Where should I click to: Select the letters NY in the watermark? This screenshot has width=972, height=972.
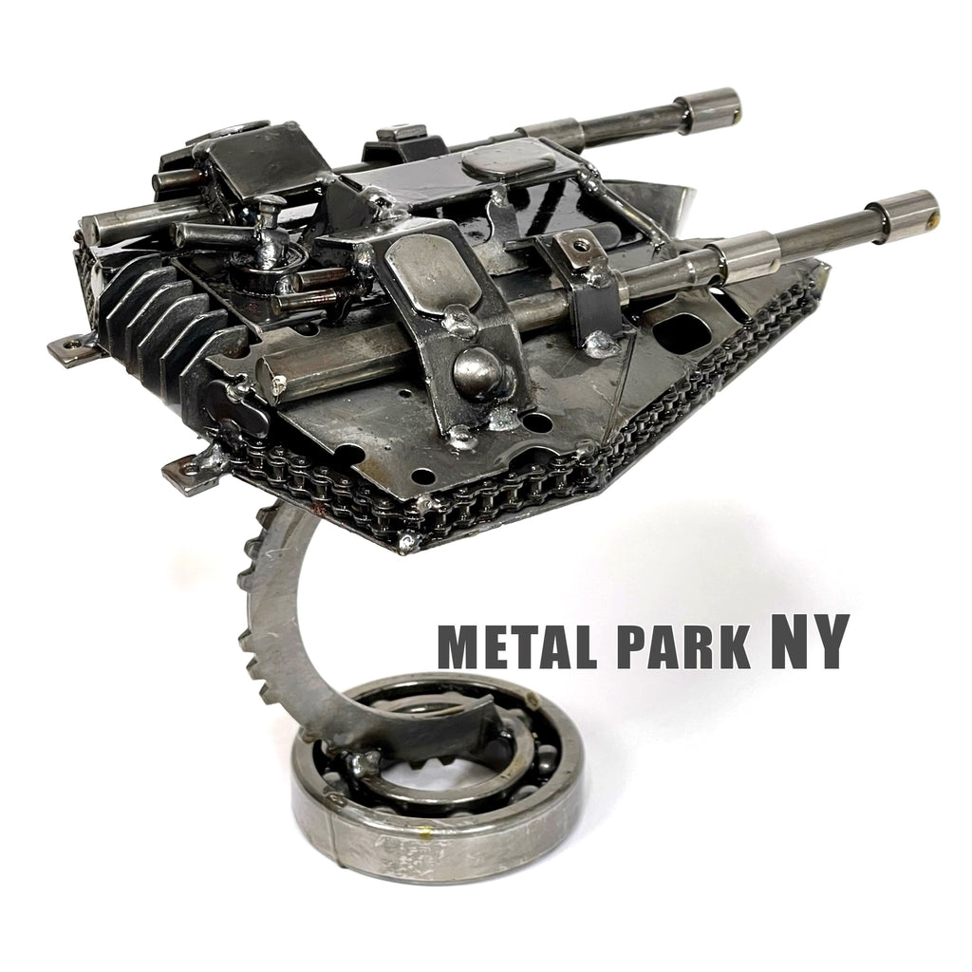pos(805,641)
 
